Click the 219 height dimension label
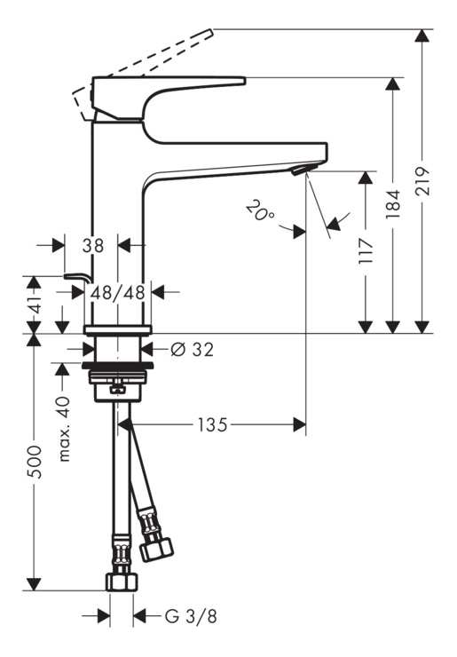(x=423, y=180)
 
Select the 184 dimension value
(x=393, y=204)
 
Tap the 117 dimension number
(x=366, y=250)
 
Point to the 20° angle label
(x=260, y=210)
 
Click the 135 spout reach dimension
(x=212, y=425)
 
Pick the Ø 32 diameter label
(x=193, y=349)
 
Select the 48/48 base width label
(x=118, y=292)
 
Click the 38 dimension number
(x=92, y=246)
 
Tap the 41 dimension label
(x=35, y=305)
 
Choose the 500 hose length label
(x=35, y=462)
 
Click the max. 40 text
(x=64, y=428)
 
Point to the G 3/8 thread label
(x=191, y=616)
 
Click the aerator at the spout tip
(x=301, y=170)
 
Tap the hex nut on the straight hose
(x=122, y=582)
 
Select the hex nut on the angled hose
(x=156, y=550)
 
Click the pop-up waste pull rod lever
(x=78, y=277)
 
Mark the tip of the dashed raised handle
(x=211, y=31)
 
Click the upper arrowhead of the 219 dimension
(x=422, y=36)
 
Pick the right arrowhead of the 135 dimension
(x=300, y=425)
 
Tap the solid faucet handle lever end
(x=244, y=80)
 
